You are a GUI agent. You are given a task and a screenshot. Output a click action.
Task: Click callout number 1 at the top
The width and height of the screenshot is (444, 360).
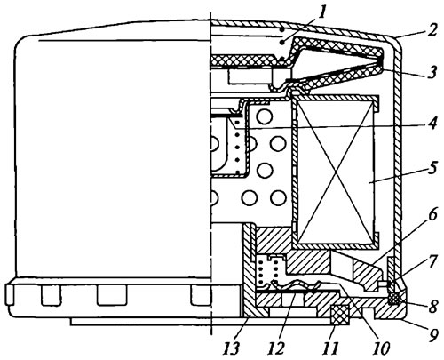coord(321,12)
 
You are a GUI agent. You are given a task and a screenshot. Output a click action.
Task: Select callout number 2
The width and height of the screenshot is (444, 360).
coord(432,30)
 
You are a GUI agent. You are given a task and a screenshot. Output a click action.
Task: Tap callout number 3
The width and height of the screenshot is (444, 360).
coord(432,72)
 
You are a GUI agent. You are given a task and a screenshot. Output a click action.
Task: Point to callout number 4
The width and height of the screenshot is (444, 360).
coord(432,123)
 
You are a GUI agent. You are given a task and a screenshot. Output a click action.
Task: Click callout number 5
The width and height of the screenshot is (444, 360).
coord(432,168)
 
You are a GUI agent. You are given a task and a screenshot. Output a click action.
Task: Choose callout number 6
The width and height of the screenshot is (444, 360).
coord(432,214)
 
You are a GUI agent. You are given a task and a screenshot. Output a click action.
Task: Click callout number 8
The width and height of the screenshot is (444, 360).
coord(432,307)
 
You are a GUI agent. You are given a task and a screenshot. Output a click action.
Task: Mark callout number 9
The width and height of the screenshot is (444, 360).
coord(432,335)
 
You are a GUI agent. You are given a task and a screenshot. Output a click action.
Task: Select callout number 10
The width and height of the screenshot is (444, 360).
coord(381,348)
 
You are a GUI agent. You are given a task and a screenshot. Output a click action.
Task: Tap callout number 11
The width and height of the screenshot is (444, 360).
coord(330,348)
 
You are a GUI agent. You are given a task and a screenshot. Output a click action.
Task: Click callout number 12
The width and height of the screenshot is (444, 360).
coord(276,348)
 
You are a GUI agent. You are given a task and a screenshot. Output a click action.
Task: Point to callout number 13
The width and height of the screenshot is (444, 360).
coord(231,348)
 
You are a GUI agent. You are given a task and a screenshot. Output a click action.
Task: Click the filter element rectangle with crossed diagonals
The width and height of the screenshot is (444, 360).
coord(335,172)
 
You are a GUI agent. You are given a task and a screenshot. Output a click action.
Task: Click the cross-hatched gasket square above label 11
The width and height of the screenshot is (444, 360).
coord(340,315)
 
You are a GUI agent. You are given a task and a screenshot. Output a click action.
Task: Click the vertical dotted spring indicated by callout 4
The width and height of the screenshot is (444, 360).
coord(237,147)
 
